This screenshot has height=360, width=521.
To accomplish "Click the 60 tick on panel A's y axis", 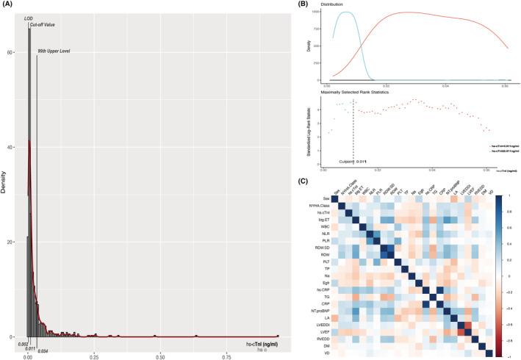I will pos(12,53).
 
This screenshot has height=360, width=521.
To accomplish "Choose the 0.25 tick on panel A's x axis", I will pos(94,346).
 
